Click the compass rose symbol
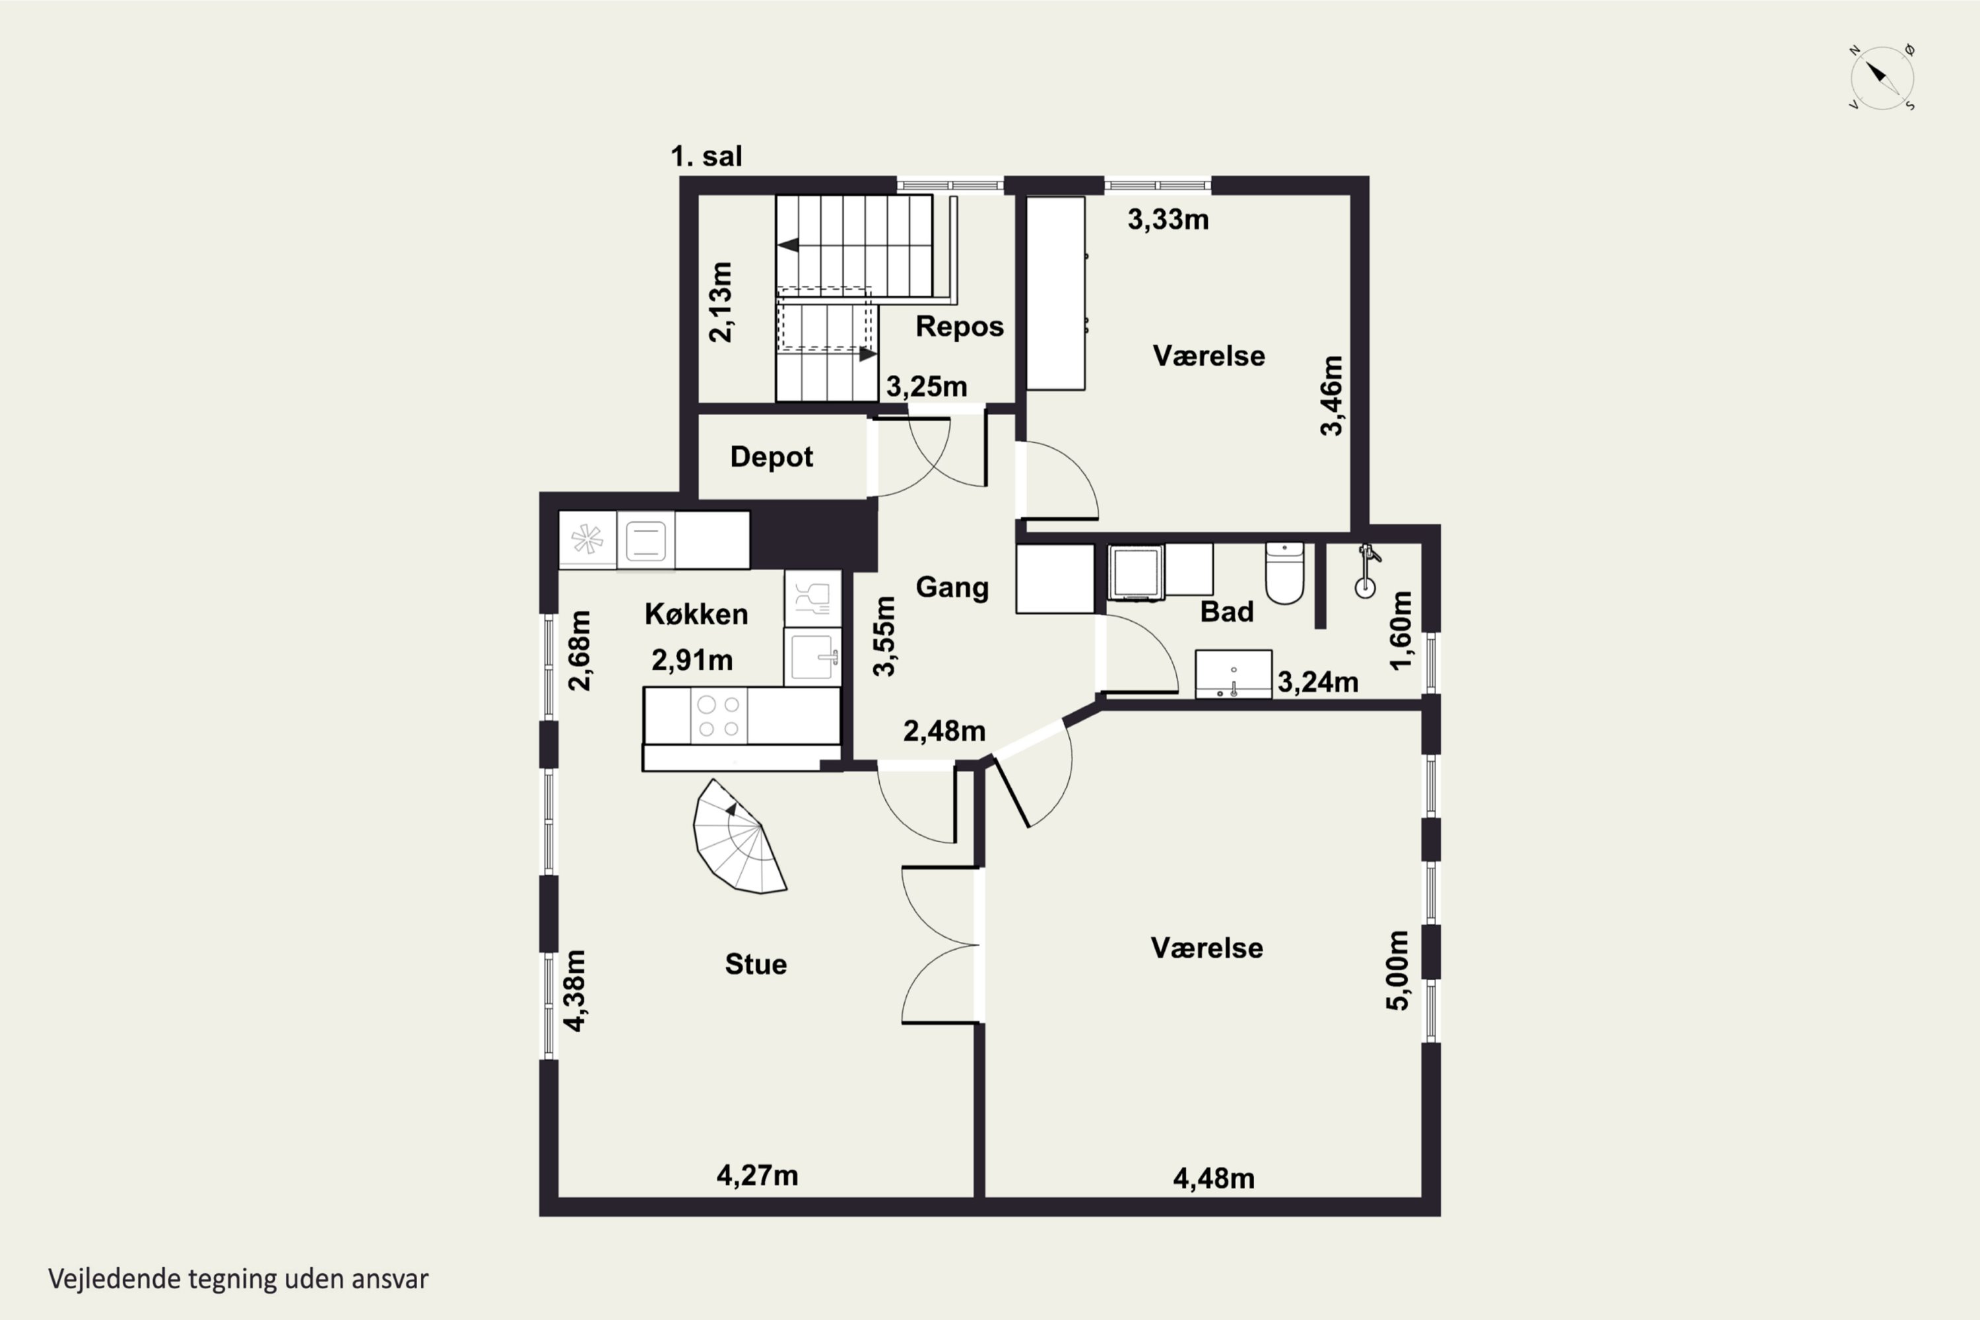(x=1882, y=77)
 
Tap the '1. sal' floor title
(x=706, y=156)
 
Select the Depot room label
(x=771, y=457)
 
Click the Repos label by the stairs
(x=960, y=327)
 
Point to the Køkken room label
(x=696, y=614)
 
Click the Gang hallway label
(x=952, y=587)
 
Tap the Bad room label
(x=1226, y=612)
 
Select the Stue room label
(x=756, y=964)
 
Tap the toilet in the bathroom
(x=1284, y=574)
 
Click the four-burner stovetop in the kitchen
(x=719, y=716)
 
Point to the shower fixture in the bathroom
(x=1366, y=572)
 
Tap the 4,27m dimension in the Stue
(x=758, y=1175)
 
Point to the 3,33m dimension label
(x=1168, y=220)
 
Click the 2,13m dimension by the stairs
(x=721, y=302)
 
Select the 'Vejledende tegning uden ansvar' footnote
(x=238, y=1279)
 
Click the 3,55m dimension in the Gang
(x=884, y=636)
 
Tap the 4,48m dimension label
(x=1214, y=1179)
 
